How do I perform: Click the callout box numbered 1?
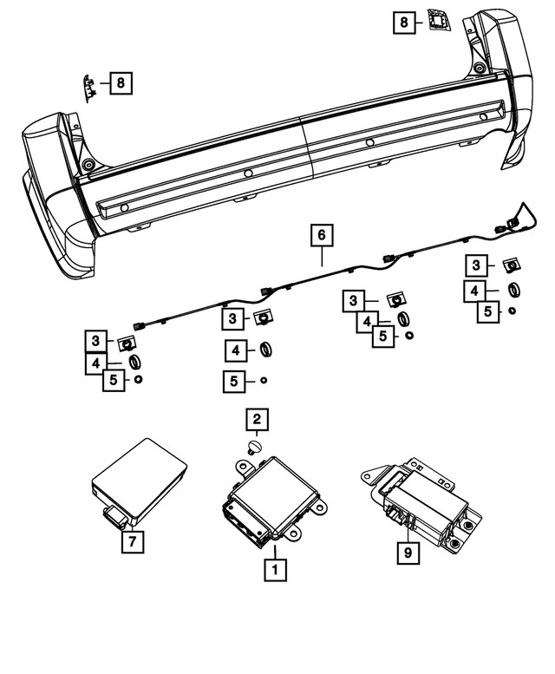[275, 570]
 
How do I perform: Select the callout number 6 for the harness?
[321, 235]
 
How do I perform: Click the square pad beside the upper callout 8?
[439, 19]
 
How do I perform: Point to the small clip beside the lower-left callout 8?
[90, 85]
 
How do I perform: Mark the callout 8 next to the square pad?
[404, 21]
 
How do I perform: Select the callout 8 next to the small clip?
[121, 83]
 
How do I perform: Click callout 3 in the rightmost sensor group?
[476, 265]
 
